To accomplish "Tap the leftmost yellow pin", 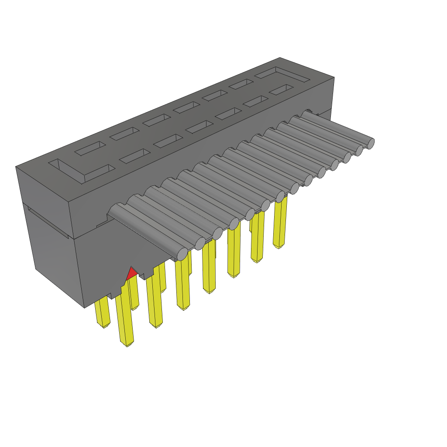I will tap(102, 312).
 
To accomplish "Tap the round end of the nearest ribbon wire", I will tap(182, 254).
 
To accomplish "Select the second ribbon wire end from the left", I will tap(200, 244).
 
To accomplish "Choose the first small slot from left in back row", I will tap(90, 148).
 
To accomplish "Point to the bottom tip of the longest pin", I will tap(127, 344).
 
